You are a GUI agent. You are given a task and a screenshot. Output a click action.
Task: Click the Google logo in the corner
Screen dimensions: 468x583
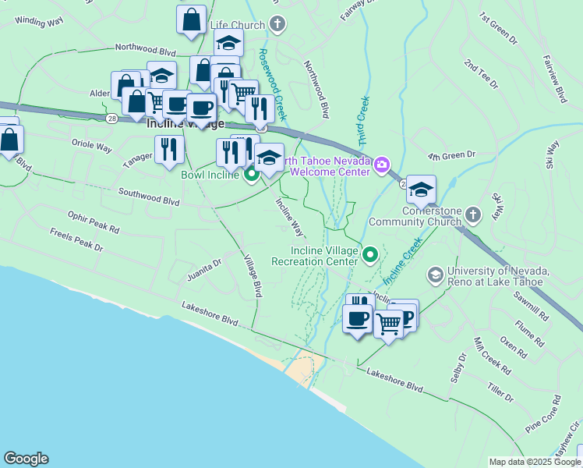(26, 459)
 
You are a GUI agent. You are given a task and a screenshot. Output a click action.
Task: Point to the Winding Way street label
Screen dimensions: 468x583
(38, 22)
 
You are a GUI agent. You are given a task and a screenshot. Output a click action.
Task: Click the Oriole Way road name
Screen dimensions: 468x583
(91, 147)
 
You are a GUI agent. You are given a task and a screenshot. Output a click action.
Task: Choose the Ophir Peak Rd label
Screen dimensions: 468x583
(93, 224)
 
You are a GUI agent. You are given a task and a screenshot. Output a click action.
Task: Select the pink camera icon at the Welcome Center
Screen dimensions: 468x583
(382, 164)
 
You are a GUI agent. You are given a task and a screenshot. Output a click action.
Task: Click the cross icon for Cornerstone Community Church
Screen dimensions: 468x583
(472, 214)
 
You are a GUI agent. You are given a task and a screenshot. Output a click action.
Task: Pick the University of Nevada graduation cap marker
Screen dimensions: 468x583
(435, 275)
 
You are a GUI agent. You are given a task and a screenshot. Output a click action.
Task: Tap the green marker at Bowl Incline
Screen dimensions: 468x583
(252, 175)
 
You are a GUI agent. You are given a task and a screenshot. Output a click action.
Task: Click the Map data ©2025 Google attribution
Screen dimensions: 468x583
(535, 462)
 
